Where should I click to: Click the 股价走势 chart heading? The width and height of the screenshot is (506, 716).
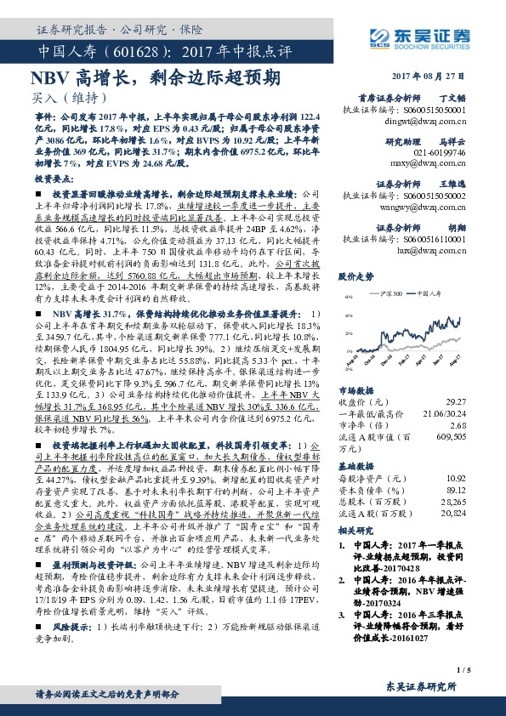tap(355, 277)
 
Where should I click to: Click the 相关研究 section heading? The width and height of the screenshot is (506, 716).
tap(355, 530)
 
